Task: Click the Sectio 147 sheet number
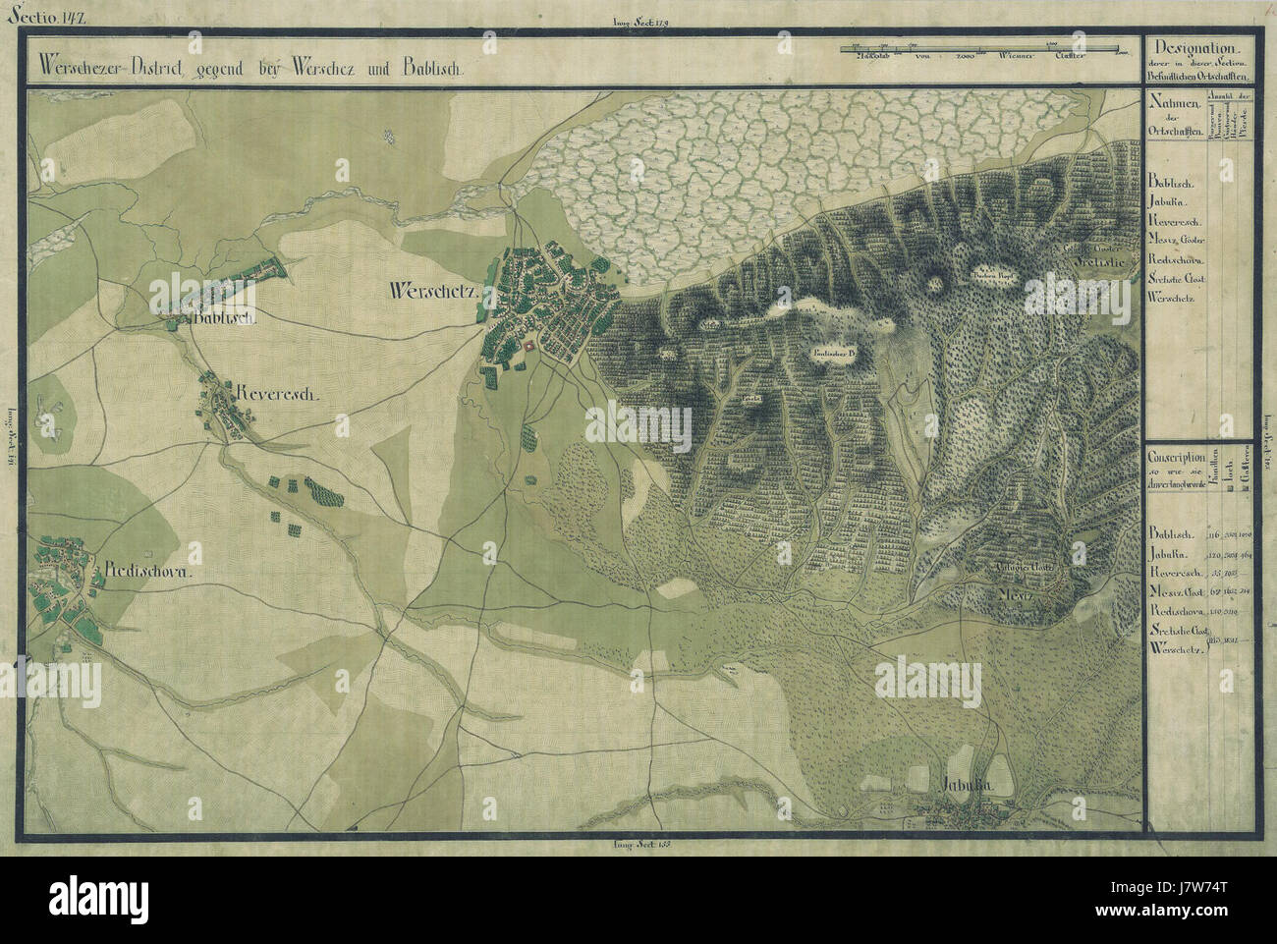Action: coord(34,15)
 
